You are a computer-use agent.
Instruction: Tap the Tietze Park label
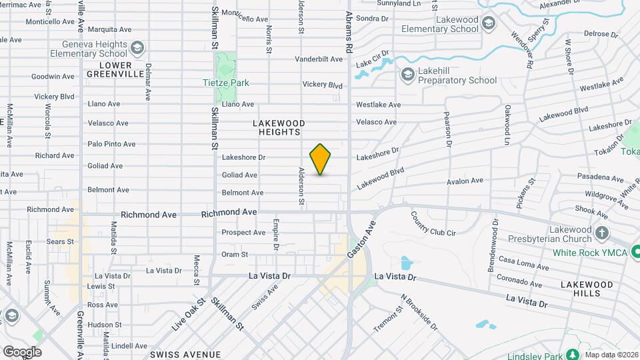(x=225, y=83)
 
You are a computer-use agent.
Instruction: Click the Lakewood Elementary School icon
(x=489, y=25)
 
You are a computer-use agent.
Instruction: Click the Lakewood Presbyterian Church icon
(x=602, y=233)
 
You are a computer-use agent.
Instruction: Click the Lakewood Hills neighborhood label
(x=586, y=289)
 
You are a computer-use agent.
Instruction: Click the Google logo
(x=22, y=351)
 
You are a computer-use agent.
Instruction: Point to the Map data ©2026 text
(x=611, y=354)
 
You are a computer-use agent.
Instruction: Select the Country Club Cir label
(x=433, y=225)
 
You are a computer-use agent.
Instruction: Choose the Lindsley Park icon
(x=571, y=353)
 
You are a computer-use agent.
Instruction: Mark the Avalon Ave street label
(x=465, y=181)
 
